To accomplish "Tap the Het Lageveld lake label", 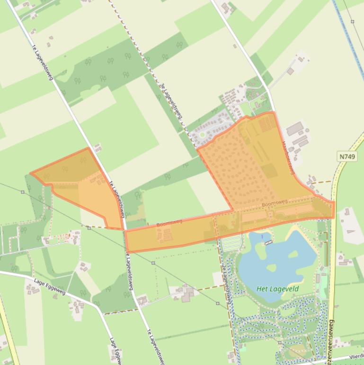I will (278, 289).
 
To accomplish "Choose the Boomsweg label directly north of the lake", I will (274, 203).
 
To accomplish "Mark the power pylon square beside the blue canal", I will (353, 21).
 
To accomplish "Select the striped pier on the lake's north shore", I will (268, 243).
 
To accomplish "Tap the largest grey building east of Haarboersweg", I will (295, 128).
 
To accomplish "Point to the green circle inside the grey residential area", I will (203, 135).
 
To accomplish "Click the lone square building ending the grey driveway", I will (291, 71).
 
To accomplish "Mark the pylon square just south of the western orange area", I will (89, 228).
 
